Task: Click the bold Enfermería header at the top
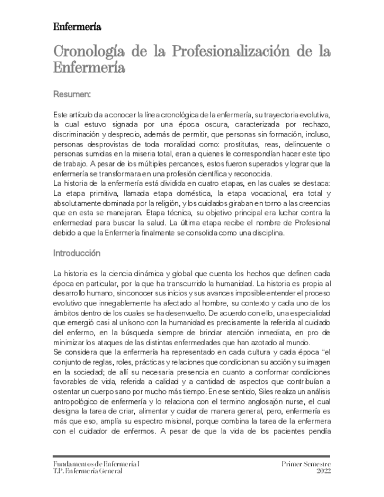coord(77,27)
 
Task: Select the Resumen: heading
coord(72,93)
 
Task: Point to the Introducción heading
coord(77,253)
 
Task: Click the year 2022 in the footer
coord(324,471)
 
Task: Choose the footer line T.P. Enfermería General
coord(87,471)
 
